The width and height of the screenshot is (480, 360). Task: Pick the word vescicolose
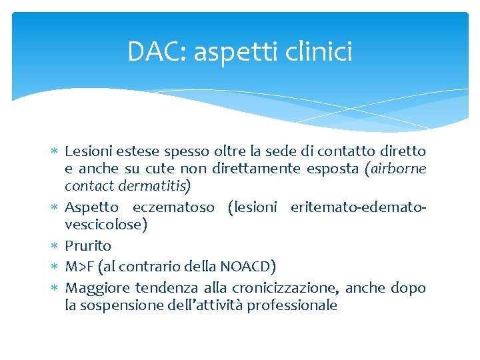105,225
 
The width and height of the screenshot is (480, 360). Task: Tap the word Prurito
88,246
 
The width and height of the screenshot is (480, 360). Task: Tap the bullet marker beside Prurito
55,246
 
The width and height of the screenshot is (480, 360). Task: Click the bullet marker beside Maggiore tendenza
55,288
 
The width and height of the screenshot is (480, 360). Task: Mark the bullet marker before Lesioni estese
55,152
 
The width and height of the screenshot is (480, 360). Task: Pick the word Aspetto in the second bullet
92,207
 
